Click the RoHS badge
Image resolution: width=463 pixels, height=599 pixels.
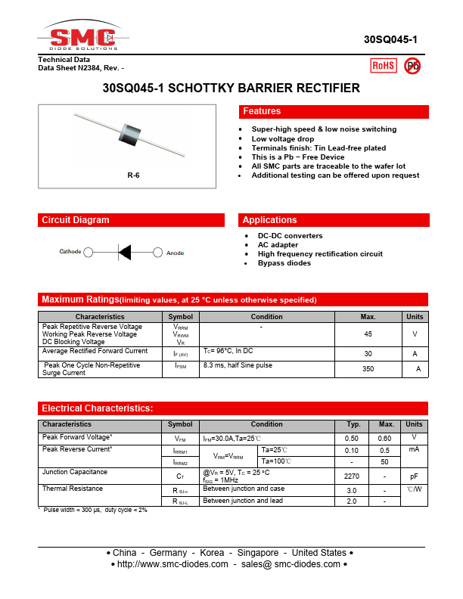(x=384, y=66)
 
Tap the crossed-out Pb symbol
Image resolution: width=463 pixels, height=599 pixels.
(x=412, y=66)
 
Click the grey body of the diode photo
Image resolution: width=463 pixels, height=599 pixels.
(x=133, y=134)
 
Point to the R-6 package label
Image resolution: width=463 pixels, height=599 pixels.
(x=133, y=175)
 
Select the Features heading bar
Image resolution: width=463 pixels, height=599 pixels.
(x=334, y=112)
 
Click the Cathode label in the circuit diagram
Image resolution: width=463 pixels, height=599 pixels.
(x=70, y=252)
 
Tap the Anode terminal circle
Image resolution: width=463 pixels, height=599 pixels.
(x=157, y=252)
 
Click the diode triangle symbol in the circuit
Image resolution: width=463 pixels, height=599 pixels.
(x=125, y=252)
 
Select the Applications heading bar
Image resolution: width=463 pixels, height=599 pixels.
(x=334, y=220)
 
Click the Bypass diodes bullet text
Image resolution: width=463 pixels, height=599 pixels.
(x=284, y=263)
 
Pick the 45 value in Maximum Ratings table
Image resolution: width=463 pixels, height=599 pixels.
(x=368, y=334)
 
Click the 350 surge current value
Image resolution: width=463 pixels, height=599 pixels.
(x=368, y=368)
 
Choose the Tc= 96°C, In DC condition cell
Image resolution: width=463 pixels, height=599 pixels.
(x=228, y=351)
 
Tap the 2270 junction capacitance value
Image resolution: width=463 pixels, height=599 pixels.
(x=352, y=476)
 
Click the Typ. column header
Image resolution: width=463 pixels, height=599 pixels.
(x=353, y=424)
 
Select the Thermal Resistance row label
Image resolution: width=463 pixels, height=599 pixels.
(x=73, y=489)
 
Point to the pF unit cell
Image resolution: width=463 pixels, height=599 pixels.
(x=415, y=476)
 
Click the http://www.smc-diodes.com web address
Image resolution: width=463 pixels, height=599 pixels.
(x=173, y=564)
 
